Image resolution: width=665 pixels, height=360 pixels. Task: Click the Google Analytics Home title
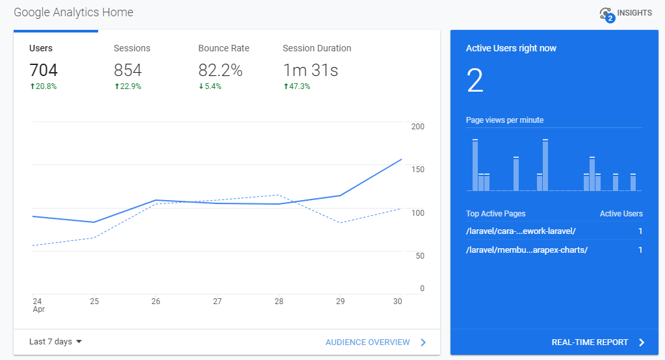(73, 12)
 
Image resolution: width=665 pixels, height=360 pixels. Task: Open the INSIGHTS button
(625, 14)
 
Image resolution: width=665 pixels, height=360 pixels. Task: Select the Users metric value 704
(44, 70)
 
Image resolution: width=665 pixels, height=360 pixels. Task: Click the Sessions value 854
(127, 70)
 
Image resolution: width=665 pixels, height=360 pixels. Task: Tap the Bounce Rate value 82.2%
(220, 70)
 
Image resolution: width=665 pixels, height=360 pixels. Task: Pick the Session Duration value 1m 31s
(310, 70)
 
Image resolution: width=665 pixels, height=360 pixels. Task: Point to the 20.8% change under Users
(43, 86)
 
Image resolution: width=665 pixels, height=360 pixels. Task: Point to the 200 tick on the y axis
(417, 127)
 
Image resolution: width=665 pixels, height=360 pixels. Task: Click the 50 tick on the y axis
(419, 256)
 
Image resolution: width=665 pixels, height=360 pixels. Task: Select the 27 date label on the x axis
(217, 302)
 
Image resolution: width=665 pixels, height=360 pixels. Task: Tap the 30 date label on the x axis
(398, 302)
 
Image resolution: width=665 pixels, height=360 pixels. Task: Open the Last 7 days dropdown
(56, 342)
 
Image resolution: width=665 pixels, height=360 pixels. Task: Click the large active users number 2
(475, 81)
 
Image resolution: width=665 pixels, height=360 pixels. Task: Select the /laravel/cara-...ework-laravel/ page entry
(521, 231)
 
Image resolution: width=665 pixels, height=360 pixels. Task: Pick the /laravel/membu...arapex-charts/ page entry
(527, 250)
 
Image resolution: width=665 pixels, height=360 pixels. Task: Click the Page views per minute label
(504, 120)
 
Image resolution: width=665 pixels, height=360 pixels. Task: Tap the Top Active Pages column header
(495, 214)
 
